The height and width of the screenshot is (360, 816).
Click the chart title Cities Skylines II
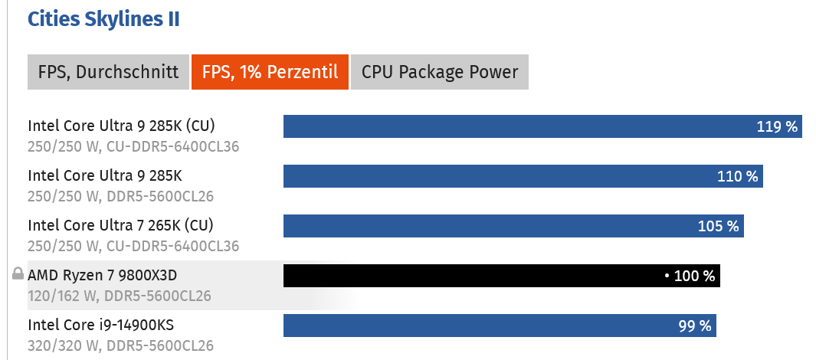(x=103, y=19)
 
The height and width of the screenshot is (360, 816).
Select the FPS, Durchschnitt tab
(x=108, y=72)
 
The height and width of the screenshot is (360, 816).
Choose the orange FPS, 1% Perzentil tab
(x=270, y=72)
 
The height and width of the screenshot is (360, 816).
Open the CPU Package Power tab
(x=440, y=72)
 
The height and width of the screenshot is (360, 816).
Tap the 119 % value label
(x=777, y=126)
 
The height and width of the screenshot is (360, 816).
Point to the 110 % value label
(x=737, y=176)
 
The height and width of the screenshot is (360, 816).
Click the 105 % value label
(x=718, y=226)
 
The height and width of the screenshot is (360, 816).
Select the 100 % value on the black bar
(x=694, y=276)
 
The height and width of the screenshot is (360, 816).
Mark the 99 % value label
(x=695, y=326)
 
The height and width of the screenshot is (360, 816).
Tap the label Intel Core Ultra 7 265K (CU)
(x=120, y=225)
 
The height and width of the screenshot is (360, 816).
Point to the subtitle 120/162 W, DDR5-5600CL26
(x=119, y=296)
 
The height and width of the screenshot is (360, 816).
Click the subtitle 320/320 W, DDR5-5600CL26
(x=120, y=345)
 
